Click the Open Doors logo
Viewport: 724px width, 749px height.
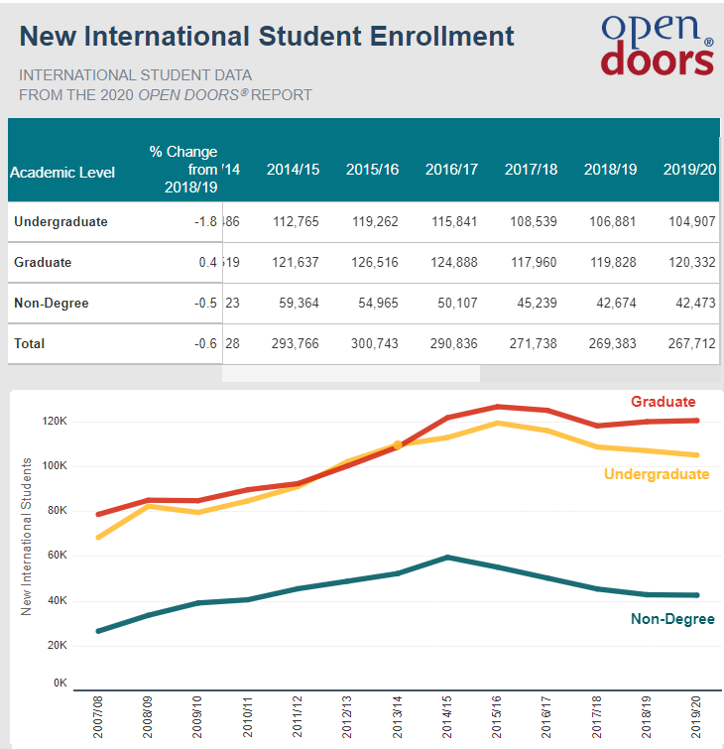(x=657, y=45)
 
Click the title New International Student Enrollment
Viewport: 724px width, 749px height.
(x=267, y=37)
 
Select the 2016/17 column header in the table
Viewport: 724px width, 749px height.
(x=451, y=170)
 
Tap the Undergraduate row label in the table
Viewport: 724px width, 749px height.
(x=60, y=221)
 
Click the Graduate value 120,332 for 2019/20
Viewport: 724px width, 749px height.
(x=689, y=262)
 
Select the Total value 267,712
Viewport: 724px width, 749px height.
(x=689, y=343)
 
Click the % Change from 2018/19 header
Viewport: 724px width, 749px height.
(x=183, y=170)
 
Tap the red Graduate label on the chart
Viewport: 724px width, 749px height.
(x=663, y=402)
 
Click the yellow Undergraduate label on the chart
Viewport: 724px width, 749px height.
(x=657, y=474)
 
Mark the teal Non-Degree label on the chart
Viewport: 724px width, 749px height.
(x=672, y=619)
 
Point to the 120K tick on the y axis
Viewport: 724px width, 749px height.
(x=54, y=421)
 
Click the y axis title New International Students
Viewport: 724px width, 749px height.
(x=27, y=537)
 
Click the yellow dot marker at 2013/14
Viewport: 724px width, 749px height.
(x=398, y=445)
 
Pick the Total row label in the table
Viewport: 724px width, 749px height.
(x=30, y=343)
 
